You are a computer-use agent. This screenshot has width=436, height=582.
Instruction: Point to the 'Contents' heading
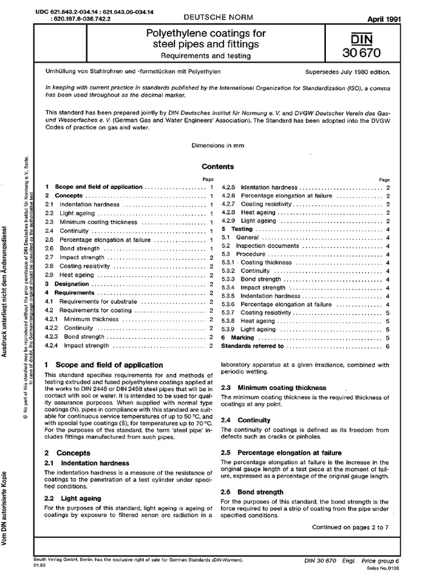point(218,167)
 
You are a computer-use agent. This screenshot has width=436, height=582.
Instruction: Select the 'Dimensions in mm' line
point(218,145)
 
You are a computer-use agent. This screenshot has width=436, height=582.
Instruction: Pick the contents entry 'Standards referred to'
point(252,346)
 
